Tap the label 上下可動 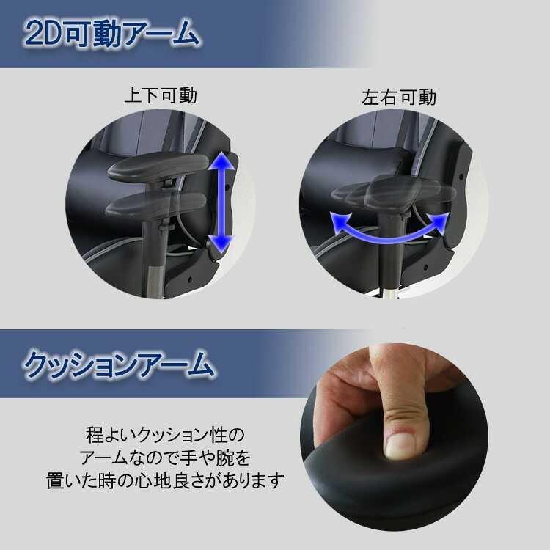point(161,96)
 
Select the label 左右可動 point(399,96)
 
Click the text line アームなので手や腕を point(164,458)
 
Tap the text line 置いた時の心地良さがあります point(162,482)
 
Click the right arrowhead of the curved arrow point(440,220)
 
